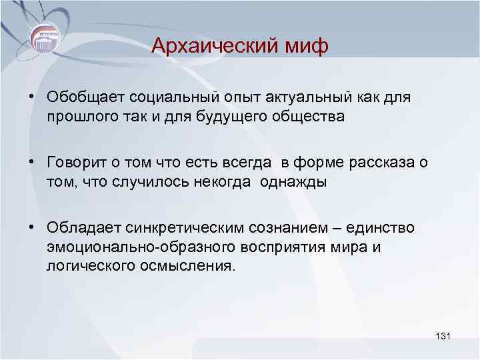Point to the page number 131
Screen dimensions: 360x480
pyautogui.click(x=442, y=336)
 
